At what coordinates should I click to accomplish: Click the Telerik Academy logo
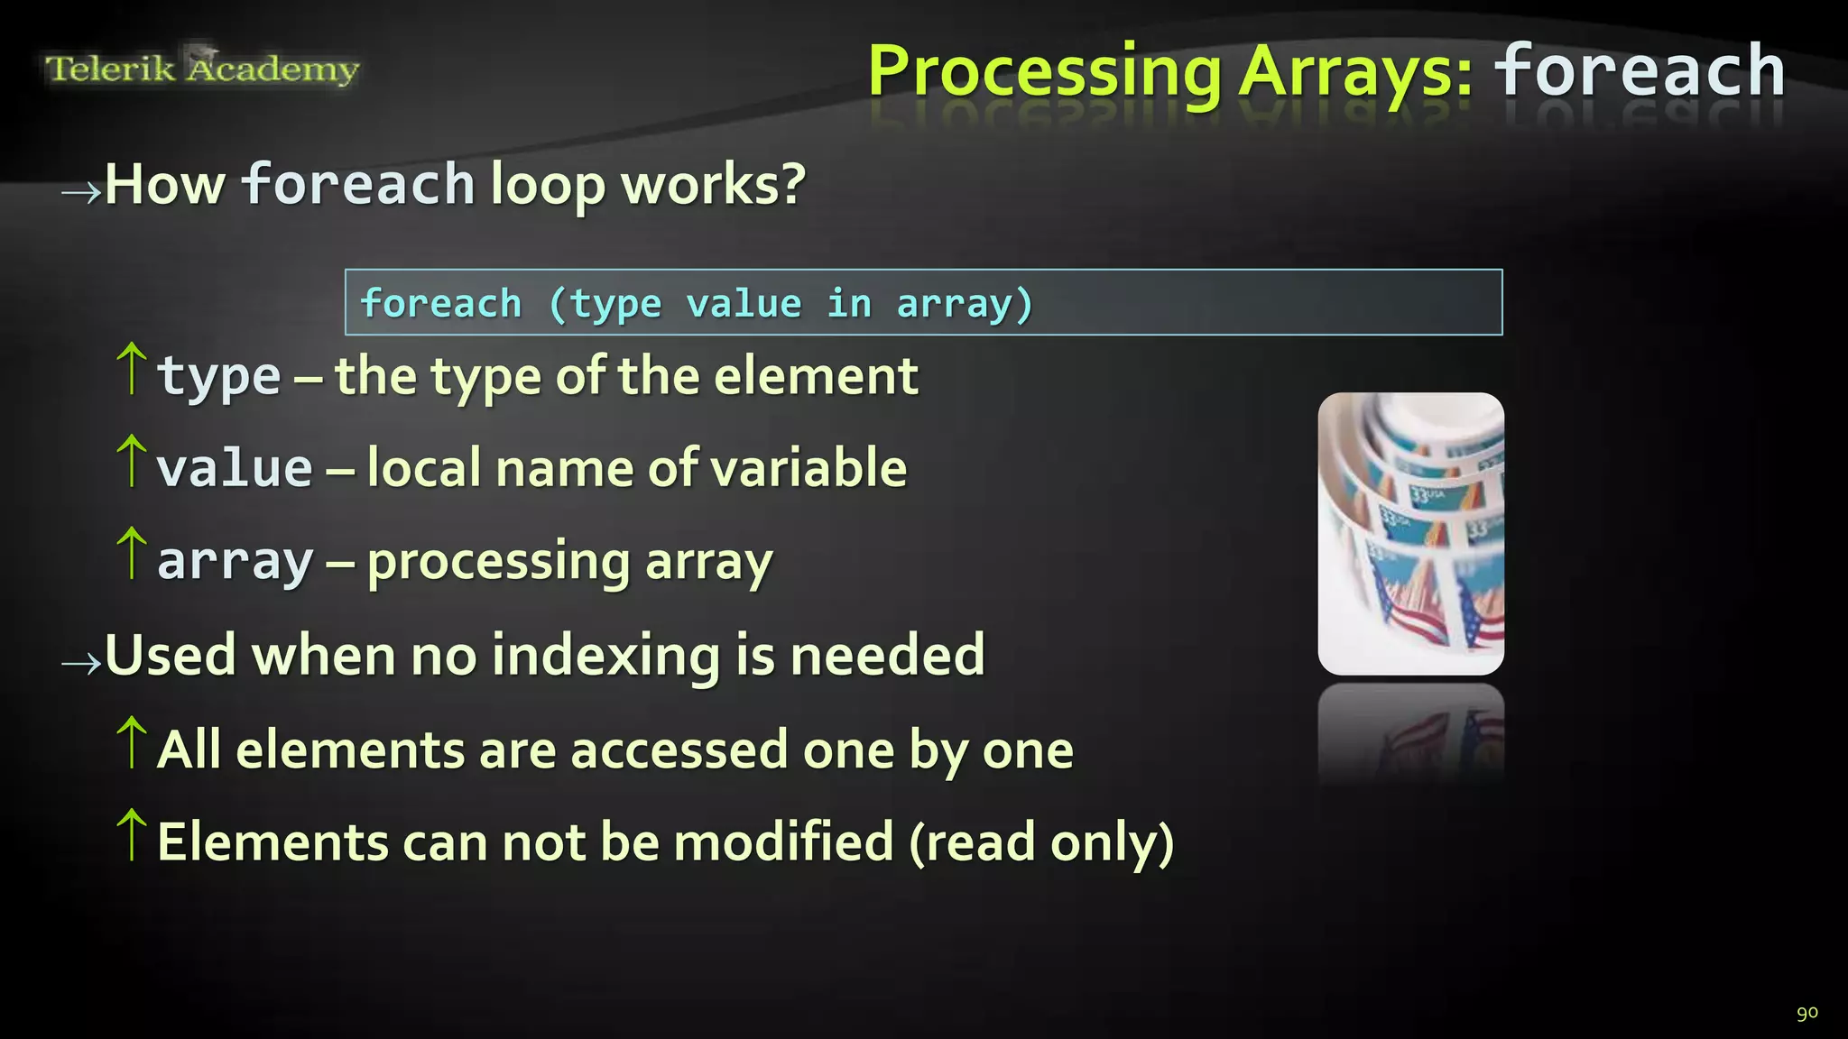point(202,69)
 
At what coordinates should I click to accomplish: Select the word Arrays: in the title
point(1355,72)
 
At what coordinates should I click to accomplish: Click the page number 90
point(1806,1012)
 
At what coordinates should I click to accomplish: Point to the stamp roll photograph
point(1410,533)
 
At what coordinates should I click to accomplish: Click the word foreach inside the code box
point(440,303)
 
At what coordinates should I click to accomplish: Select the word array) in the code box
point(964,304)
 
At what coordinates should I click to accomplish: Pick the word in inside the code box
point(848,303)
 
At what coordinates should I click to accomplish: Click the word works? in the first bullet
point(713,185)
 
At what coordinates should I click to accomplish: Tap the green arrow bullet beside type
point(132,369)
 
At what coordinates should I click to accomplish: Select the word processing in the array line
point(498,562)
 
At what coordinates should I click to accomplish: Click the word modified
point(783,842)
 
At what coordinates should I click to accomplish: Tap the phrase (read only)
point(1040,842)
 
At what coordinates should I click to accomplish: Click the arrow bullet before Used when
point(81,664)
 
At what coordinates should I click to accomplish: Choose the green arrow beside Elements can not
point(132,835)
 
